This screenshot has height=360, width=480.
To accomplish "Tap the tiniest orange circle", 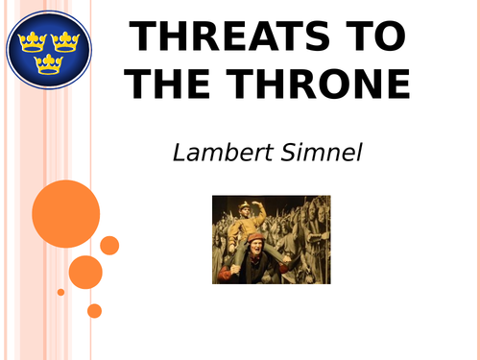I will pyautogui.click(x=60, y=292).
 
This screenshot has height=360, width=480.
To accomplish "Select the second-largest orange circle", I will pyautogui.click(x=85, y=272).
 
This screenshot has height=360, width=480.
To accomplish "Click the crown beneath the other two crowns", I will pyautogui.click(x=47, y=63).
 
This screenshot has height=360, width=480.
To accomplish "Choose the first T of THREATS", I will pyautogui.click(x=144, y=37).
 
